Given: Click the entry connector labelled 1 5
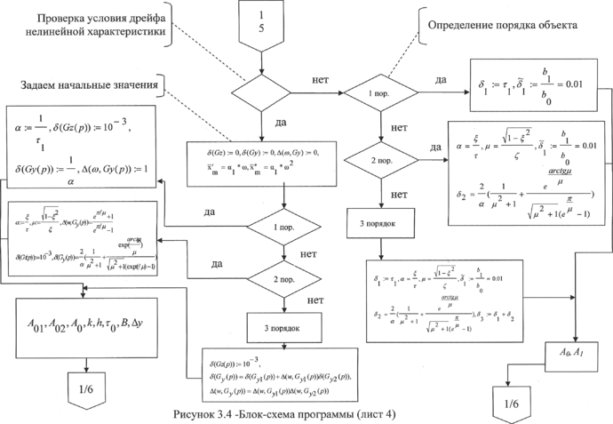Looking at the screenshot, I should pos(261,26).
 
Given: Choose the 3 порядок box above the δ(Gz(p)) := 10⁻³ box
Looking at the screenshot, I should pos(283,327).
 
